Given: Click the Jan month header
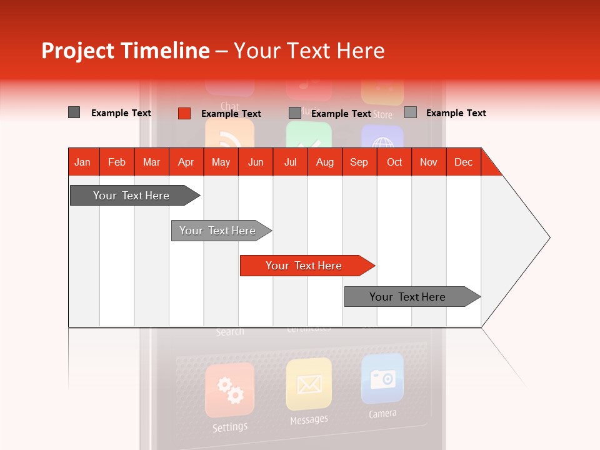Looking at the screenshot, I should coord(82,162).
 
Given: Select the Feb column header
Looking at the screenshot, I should coord(117,162).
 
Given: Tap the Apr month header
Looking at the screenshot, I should coord(186,162).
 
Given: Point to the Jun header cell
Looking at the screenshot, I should coord(256,162).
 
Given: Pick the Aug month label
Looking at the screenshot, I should coord(324,162).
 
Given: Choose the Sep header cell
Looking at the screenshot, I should coord(359,162).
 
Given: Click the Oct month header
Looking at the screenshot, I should coord(394,162).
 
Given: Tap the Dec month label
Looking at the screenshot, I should coord(463,162).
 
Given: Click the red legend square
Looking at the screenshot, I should coord(184,113).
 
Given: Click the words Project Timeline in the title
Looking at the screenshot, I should coord(125,51).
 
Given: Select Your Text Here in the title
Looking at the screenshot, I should coord(309,51).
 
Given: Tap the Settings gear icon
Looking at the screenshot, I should coord(229,390).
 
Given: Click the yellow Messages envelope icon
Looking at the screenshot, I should coord(309,384).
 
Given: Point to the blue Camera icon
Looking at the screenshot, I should coord(382,379).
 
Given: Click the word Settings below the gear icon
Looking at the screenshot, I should coord(229,427).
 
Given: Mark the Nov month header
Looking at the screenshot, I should coord(428,162).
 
